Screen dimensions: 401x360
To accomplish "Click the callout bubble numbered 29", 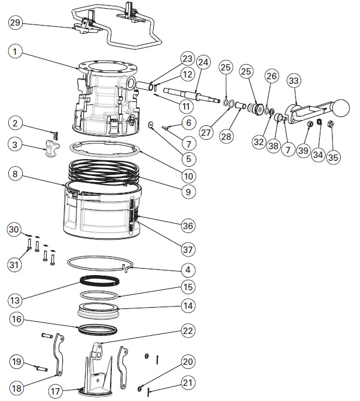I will pos(16,23).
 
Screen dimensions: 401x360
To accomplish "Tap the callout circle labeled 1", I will pos(16,51).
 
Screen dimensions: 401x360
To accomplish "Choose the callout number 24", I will pos(203,62).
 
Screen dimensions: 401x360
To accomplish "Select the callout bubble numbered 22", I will pos(187,330).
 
